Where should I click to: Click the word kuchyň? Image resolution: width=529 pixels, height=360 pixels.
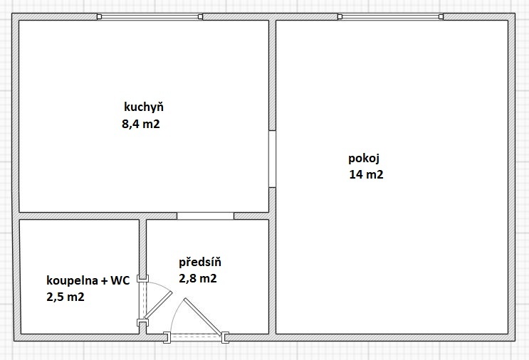[144, 107]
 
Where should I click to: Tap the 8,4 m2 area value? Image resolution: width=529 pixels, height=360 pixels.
[141, 124]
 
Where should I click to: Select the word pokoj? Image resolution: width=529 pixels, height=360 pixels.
[364, 159]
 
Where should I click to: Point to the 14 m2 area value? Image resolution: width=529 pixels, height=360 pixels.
[366, 174]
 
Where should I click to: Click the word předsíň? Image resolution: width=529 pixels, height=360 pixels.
[200, 262]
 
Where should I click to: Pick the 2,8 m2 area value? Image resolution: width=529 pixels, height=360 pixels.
[198, 278]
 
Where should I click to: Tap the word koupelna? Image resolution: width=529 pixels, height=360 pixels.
[72, 280]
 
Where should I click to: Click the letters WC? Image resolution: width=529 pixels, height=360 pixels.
[120, 280]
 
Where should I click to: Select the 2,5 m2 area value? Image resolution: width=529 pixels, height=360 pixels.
[66, 297]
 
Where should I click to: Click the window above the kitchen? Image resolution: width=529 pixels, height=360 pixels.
[150, 16]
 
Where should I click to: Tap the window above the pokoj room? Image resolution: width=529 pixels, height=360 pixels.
[391, 16]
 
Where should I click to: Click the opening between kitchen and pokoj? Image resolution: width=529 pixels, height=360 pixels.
[272, 159]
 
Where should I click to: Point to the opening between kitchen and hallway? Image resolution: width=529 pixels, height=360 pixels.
[205, 216]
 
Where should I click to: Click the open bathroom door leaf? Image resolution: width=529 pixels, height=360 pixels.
[159, 305]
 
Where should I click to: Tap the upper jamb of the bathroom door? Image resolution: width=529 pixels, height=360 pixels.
[142, 279]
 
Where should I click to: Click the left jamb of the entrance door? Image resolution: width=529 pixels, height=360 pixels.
[167, 337]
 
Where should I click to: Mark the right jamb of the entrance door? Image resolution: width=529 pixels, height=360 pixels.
[225, 337]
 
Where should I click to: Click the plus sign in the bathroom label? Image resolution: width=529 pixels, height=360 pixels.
[105, 281]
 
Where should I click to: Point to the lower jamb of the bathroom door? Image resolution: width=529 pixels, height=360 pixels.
[142, 323]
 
